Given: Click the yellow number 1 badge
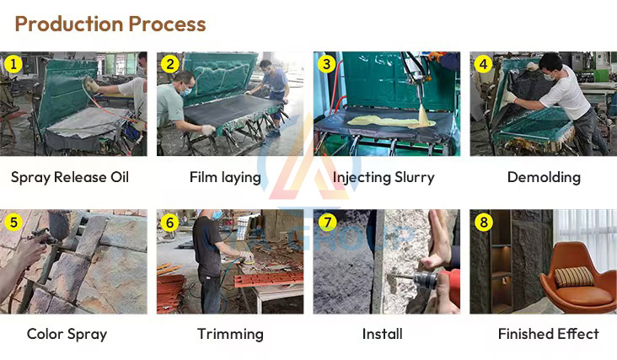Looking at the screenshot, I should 13,64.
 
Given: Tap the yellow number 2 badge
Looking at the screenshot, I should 169,64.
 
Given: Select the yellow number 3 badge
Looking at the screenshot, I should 326,64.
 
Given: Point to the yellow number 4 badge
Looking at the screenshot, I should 483,64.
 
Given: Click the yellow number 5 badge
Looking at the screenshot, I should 13,223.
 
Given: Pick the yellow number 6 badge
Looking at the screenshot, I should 169,223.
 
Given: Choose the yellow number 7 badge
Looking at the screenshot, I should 326,223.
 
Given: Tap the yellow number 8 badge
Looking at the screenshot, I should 483,223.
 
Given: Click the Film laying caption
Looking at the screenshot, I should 230,177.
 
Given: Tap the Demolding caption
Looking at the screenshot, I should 544,177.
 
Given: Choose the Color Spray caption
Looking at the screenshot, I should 67,334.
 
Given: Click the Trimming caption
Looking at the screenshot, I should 230,334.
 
